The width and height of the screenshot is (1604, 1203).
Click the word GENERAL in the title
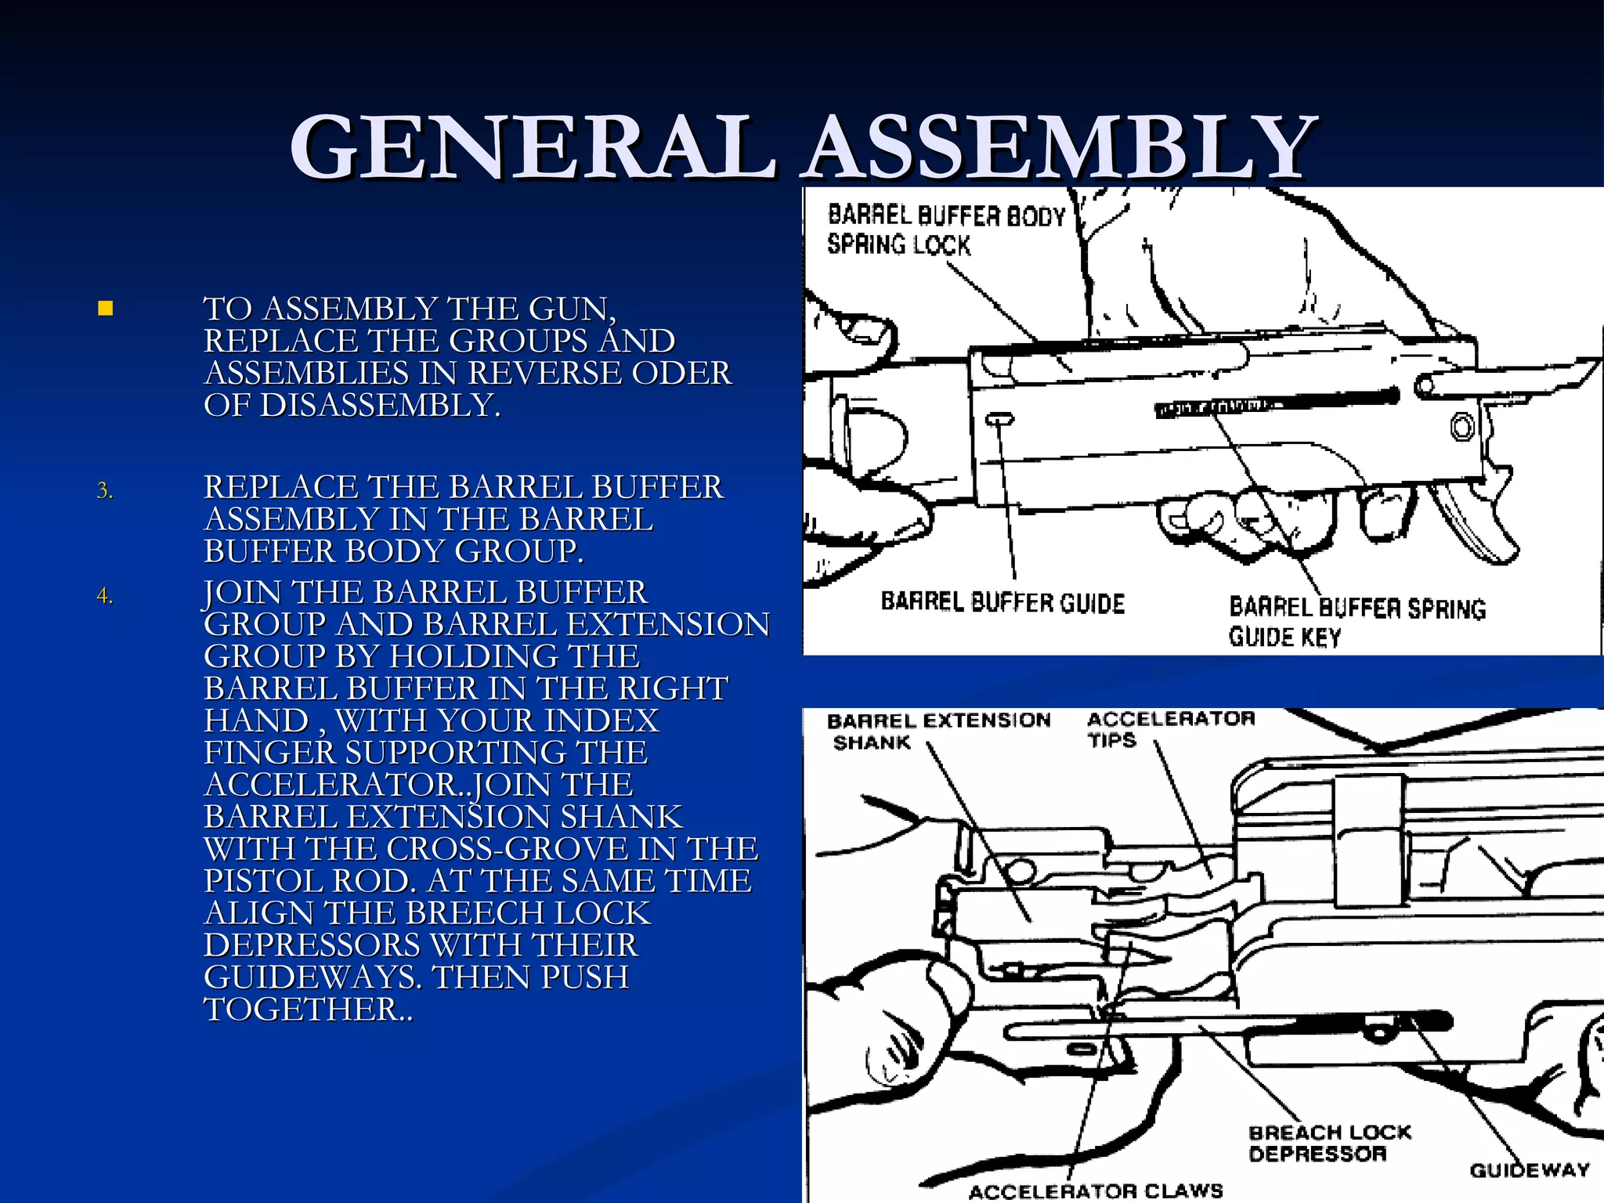pos(533,147)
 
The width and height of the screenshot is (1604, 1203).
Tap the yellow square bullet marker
pos(106,309)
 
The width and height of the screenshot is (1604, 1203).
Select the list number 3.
pos(104,491)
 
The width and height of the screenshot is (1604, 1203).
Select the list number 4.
pos(104,597)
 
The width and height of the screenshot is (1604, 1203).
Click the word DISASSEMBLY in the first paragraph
pos(379,406)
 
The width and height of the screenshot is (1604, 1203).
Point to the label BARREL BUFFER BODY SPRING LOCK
pos(945,229)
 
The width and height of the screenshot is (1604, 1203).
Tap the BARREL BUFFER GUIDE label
pos(1002,602)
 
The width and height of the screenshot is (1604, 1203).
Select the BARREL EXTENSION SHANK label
pos(937,731)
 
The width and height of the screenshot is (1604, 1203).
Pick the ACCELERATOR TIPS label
pos(1170,729)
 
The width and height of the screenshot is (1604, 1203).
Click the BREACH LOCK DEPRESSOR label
pos(1329,1143)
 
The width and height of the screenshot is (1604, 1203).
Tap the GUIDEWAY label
pos(1529,1170)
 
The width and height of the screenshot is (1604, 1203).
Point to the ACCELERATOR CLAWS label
pos(1095,1190)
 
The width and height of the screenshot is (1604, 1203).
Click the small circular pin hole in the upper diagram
pos(1461,428)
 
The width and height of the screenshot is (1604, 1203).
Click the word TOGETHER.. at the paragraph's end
pos(307,1010)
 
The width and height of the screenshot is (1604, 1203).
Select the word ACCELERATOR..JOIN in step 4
pos(418,785)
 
